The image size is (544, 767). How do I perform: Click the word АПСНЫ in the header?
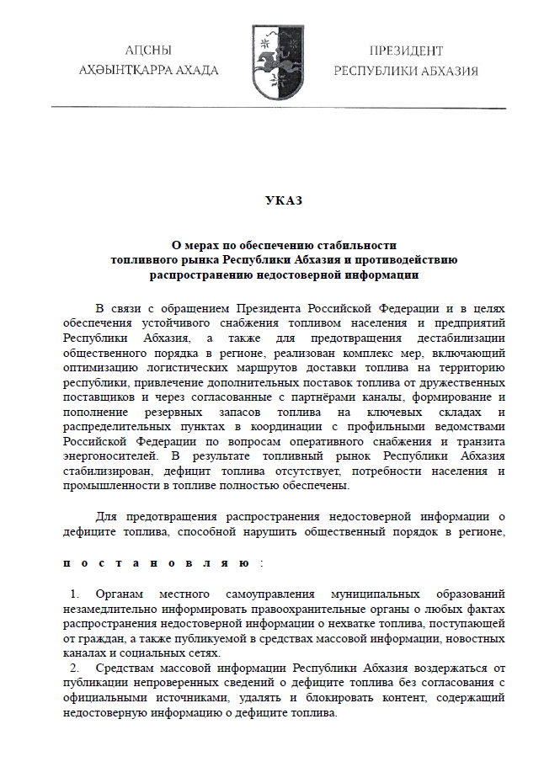click(x=148, y=51)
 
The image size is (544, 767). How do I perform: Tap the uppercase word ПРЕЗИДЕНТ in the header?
click(x=406, y=51)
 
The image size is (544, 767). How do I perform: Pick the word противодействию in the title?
click(x=411, y=259)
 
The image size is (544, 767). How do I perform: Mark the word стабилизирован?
click(x=106, y=473)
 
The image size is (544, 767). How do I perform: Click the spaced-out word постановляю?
click(x=155, y=563)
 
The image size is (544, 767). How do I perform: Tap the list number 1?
click(x=74, y=594)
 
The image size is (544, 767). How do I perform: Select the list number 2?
click(x=74, y=668)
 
